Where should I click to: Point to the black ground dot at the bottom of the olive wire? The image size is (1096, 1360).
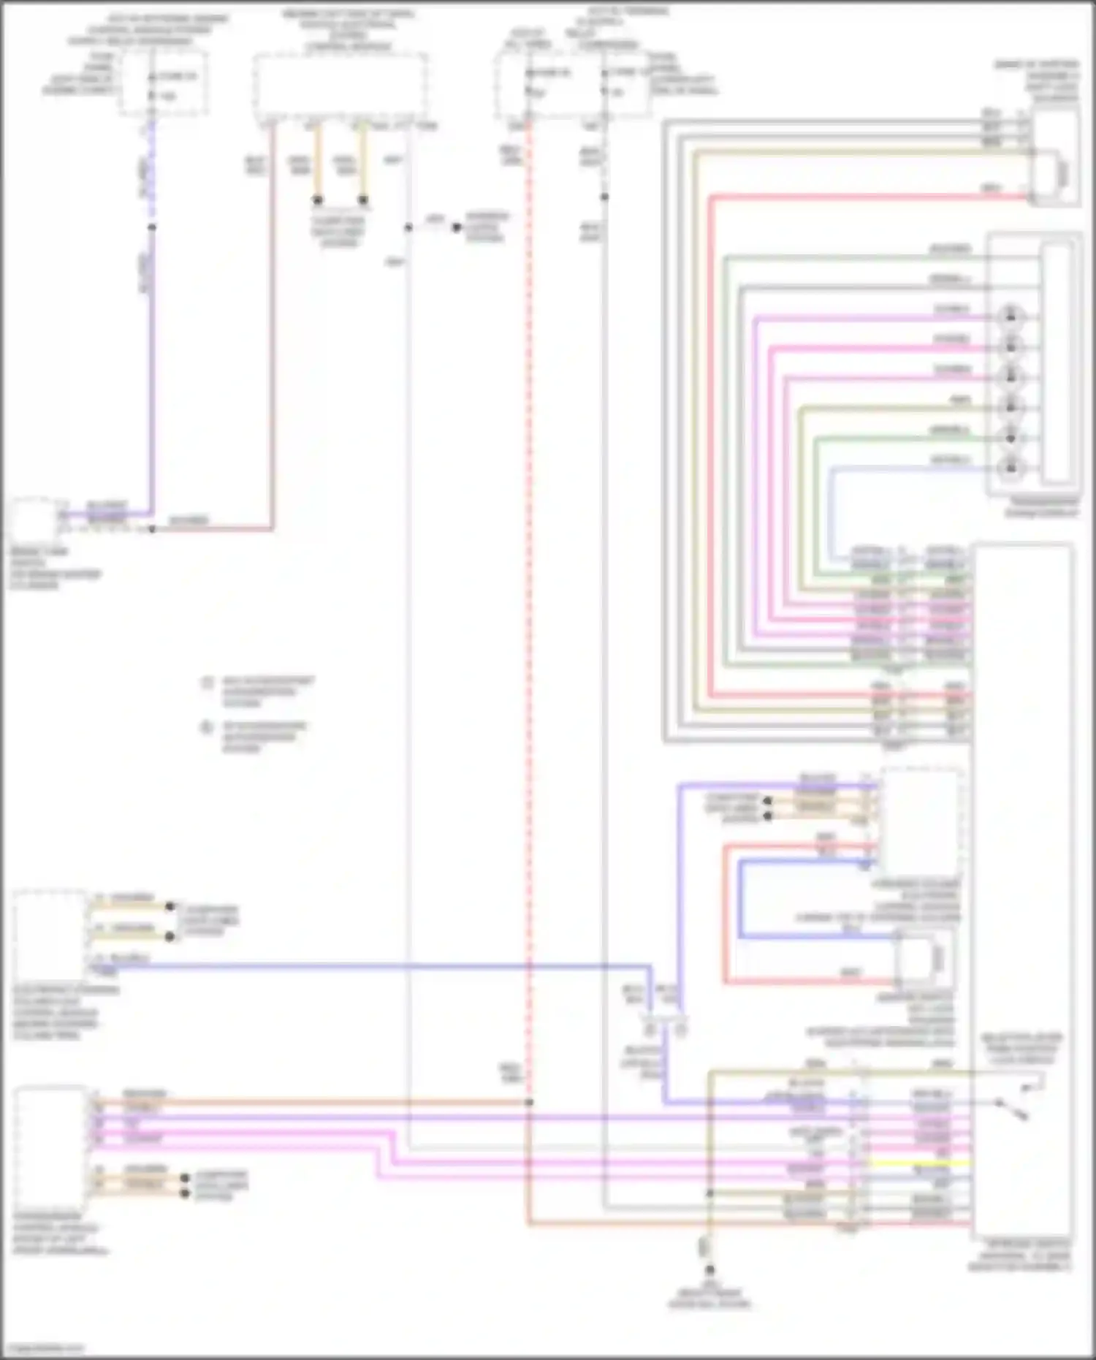point(709,1270)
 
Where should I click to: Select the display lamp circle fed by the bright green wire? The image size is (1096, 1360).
point(1011,437)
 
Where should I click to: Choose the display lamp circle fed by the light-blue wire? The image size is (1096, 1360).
point(1011,466)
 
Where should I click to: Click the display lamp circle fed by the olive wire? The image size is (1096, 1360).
point(1011,406)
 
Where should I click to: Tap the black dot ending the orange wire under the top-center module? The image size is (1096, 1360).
point(318,200)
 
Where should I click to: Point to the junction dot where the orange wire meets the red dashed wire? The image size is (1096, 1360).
point(528,1101)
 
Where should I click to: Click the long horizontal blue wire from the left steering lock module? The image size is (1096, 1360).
point(365,966)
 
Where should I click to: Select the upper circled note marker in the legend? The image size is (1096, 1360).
point(208,683)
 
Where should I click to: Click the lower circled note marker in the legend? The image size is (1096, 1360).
point(208,728)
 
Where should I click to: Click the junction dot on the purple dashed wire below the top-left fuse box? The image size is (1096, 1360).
point(152,227)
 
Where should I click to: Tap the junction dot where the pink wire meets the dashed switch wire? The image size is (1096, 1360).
point(152,528)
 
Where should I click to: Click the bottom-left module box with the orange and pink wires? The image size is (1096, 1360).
point(50,1147)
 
